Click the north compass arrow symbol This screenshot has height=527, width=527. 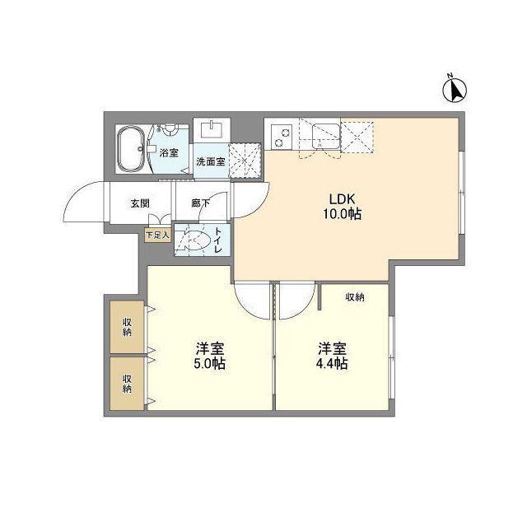pos(454,88)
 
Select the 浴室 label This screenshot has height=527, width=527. pos(169,153)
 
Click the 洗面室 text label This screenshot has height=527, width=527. pos(210,161)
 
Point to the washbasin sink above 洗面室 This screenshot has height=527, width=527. pos(213,131)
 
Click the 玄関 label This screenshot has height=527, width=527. pos(139,203)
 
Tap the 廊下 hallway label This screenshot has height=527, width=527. pos(201,203)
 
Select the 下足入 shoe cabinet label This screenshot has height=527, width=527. pos(157,235)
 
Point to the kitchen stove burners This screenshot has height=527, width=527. pos(282,134)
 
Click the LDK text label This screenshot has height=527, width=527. pos(343,198)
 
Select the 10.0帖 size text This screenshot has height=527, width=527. pos(343,214)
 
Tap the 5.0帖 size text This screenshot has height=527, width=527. pos(210,363)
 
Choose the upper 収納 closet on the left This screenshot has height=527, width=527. pos(128,326)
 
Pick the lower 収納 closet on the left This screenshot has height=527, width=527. pos(128,383)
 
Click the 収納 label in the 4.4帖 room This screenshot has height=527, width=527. pos(355,296)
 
